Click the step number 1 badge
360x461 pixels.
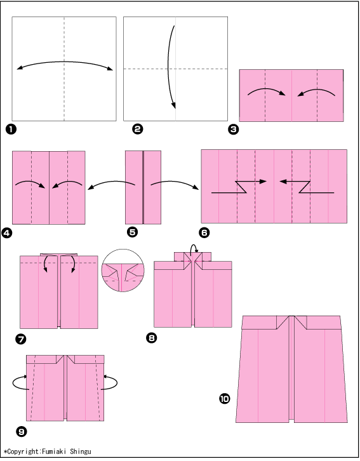pyautogui.click(x=11, y=130)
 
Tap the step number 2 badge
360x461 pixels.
pyautogui.click(x=138, y=129)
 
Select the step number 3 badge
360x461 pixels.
pyautogui.click(x=234, y=130)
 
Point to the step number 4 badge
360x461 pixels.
pyautogui.click(x=7, y=233)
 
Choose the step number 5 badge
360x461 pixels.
pyautogui.click(x=133, y=232)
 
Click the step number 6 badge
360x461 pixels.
pyautogui.click(x=204, y=233)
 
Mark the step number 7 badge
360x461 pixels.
pyautogui.click(x=21, y=339)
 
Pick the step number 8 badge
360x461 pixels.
pyautogui.click(x=151, y=338)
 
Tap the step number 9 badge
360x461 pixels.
pyautogui.click(x=22, y=432)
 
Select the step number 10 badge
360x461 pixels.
pyautogui.click(x=224, y=399)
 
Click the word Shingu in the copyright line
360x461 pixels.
pyautogui.click(x=81, y=451)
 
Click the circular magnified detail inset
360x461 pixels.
pyautogui.click(x=123, y=271)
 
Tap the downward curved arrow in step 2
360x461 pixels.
pyautogui.click(x=168, y=67)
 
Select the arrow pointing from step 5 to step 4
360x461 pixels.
pyautogui.click(x=111, y=182)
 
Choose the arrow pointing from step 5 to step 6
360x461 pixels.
pyautogui.click(x=175, y=182)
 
